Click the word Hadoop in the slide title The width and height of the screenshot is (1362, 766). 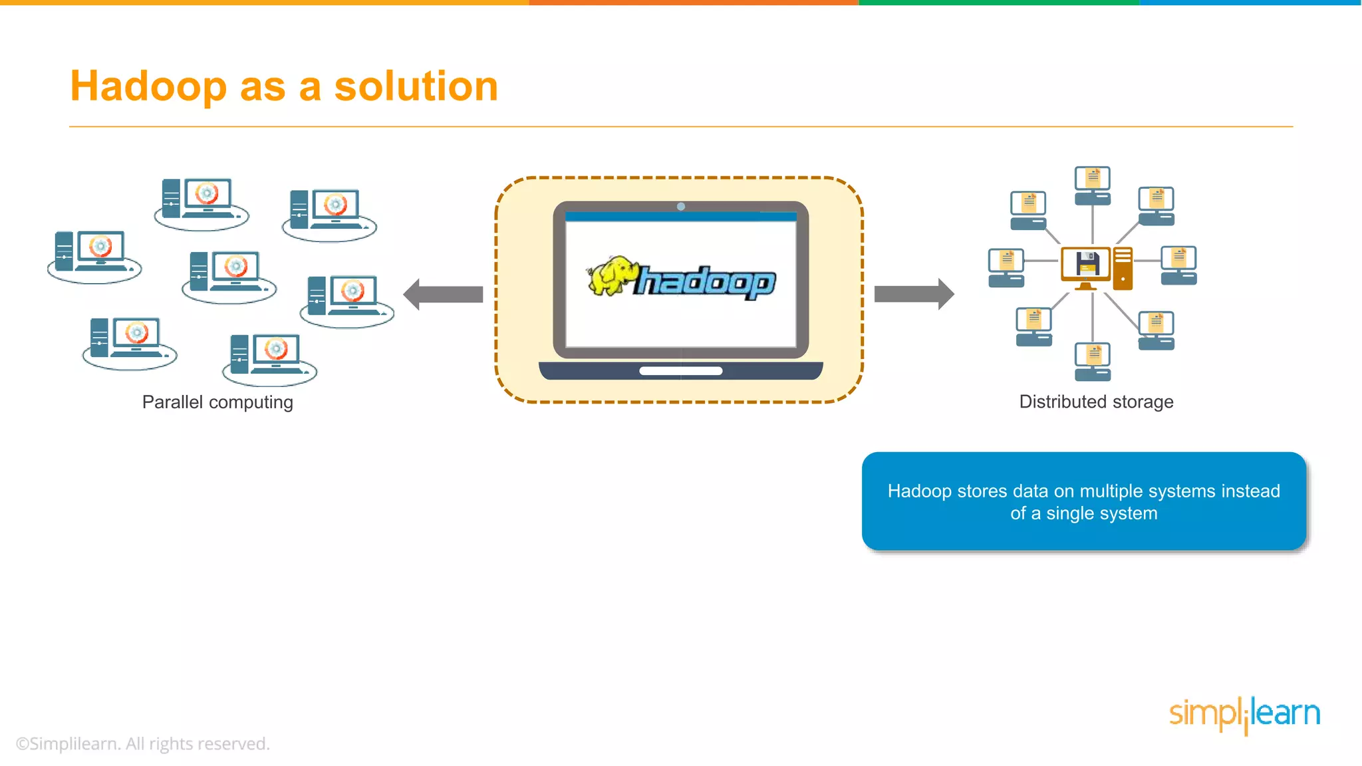148,86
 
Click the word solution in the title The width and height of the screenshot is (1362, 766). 416,86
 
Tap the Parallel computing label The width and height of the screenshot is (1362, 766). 217,402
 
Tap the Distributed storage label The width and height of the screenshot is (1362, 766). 1096,402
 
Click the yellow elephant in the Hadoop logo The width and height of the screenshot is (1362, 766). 610,275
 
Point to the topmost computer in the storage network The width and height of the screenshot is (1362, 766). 1093,185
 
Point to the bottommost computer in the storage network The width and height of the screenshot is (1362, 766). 1093,361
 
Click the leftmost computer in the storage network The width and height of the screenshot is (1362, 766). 1006,267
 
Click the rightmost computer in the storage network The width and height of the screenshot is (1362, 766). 1179,265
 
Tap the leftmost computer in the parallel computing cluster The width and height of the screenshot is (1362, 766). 94,254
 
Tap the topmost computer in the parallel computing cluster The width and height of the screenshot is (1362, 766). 201,201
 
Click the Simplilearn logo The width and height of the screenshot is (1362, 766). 1244,714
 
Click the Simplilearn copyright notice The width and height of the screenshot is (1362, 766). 143,743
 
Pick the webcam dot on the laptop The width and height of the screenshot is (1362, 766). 681,207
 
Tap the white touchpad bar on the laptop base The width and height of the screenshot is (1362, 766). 681,371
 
